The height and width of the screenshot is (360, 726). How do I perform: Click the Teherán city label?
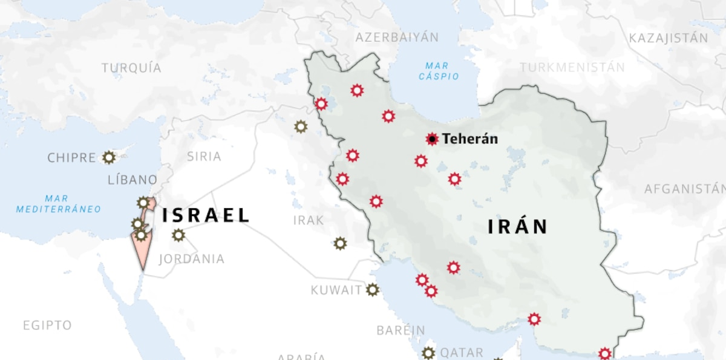click(x=470, y=139)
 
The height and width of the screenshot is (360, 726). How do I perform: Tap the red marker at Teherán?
click(x=432, y=139)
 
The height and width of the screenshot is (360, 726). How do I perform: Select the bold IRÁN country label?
click(x=518, y=227)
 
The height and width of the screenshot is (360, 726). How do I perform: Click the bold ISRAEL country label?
click(x=206, y=215)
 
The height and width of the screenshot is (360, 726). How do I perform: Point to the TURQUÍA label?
click(x=131, y=68)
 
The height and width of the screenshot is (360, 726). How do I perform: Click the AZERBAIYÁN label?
click(x=397, y=38)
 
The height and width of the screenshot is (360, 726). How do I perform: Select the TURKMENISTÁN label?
click(x=572, y=67)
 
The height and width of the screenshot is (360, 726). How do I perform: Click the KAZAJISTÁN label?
click(x=668, y=38)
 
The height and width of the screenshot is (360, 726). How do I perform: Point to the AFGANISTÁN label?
click(x=684, y=189)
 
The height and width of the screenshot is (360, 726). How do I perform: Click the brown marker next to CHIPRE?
click(x=109, y=157)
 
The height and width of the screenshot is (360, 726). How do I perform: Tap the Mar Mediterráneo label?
click(x=59, y=204)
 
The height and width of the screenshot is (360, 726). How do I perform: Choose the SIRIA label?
click(x=204, y=157)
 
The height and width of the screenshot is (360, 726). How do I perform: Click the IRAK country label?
click(x=309, y=220)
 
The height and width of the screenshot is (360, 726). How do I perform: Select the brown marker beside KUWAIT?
click(x=373, y=290)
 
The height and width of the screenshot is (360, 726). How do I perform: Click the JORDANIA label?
click(x=191, y=259)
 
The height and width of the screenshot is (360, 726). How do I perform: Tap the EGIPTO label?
click(x=47, y=326)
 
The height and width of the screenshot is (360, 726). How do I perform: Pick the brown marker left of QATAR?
click(x=428, y=353)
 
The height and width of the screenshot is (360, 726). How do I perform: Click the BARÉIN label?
click(x=401, y=330)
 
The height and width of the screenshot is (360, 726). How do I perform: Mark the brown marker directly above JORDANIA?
click(x=178, y=235)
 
